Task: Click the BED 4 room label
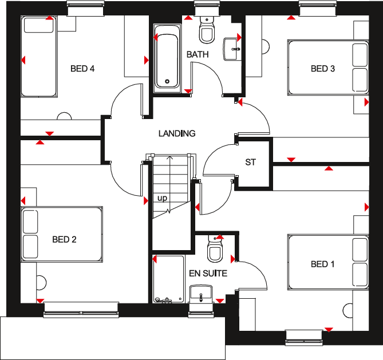tap(82, 69)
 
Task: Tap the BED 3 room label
tap(322, 69)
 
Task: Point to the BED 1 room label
tap(323, 264)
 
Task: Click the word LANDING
tap(177, 133)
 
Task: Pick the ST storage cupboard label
tap(250, 163)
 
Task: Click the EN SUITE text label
tap(208, 274)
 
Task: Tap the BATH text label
tap(198, 55)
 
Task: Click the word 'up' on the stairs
tap(163, 199)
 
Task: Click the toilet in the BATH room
tap(206, 31)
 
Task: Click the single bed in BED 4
tap(39, 57)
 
